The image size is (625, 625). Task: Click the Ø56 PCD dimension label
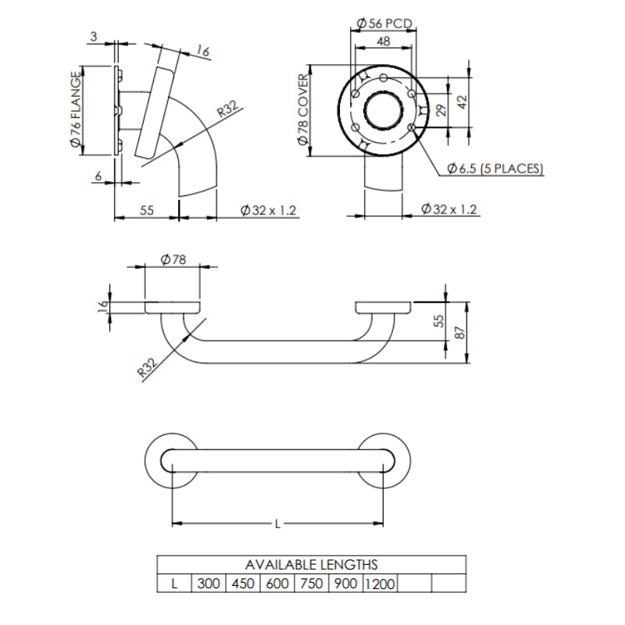pyautogui.click(x=383, y=23)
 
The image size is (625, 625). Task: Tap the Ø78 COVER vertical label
pyautogui.click(x=302, y=109)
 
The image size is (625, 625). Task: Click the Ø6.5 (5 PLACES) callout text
pyautogui.click(x=495, y=168)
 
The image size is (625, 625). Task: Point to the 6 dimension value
pyautogui.click(x=98, y=177)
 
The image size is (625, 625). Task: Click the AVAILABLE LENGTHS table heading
pyautogui.click(x=311, y=564)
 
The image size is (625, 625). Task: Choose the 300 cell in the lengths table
pyautogui.click(x=209, y=584)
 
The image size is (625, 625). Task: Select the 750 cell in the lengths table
pyautogui.click(x=311, y=584)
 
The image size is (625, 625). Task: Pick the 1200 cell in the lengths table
pyautogui.click(x=380, y=584)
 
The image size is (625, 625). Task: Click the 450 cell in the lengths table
pyautogui.click(x=243, y=584)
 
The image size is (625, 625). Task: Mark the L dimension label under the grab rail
pyautogui.click(x=277, y=524)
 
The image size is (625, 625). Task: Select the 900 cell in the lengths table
pyautogui.click(x=345, y=584)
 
